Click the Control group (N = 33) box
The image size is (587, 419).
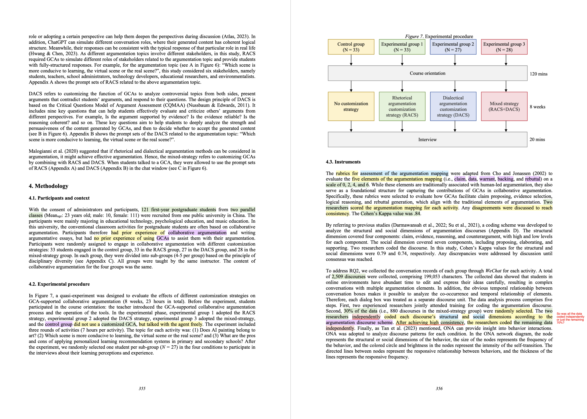(351, 47)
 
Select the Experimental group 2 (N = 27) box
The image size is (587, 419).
(453, 47)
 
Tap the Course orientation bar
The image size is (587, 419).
(427, 73)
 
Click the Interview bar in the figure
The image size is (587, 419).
(427, 140)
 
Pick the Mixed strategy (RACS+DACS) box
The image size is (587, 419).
(504, 106)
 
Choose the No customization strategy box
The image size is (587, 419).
(351, 106)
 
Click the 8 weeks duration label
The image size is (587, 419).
(538, 107)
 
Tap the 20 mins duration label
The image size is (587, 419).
(537, 140)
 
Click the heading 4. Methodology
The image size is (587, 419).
(48, 186)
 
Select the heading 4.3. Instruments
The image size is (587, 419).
(343, 162)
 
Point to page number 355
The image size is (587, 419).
(142, 389)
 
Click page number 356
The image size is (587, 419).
(439, 389)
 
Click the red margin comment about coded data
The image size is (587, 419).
(570, 318)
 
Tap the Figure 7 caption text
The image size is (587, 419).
(439, 36)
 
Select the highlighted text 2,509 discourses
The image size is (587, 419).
(348, 276)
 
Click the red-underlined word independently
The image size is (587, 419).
(366, 317)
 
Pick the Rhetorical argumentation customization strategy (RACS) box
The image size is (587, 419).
(402, 106)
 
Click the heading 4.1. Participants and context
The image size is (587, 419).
(59, 198)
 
